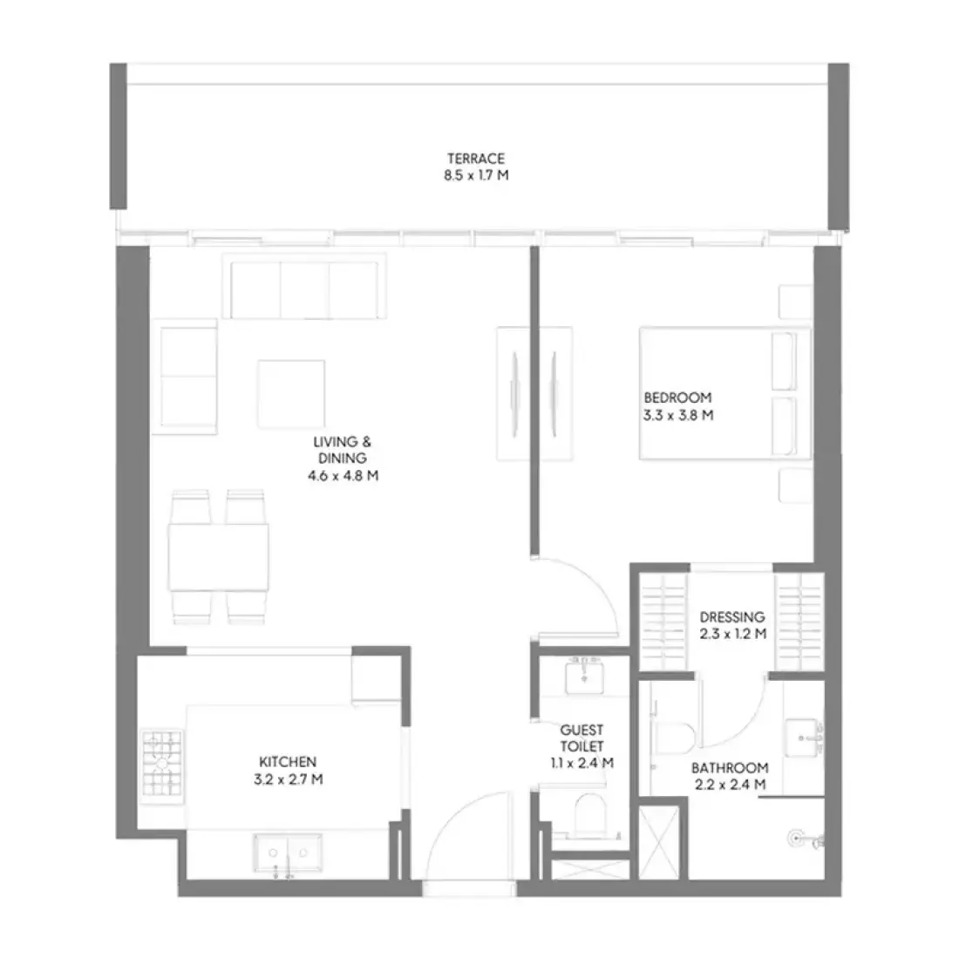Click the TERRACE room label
(x=476, y=159)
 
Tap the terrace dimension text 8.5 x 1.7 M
(x=476, y=175)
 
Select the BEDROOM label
(x=677, y=398)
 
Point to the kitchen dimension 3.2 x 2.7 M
(x=288, y=779)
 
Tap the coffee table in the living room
(x=291, y=394)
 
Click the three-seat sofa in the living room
(x=304, y=286)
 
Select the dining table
(x=218, y=556)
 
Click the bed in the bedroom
(x=724, y=393)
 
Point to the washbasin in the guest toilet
(x=585, y=677)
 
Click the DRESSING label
(x=732, y=616)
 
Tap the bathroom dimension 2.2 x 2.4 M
(x=731, y=785)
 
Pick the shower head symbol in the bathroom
(x=796, y=839)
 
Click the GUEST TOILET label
(x=582, y=738)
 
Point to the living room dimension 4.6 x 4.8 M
(x=343, y=475)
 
